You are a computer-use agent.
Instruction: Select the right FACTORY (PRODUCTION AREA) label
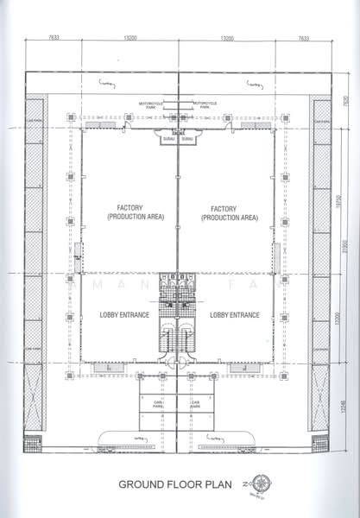pyautogui.click(x=228, y=213)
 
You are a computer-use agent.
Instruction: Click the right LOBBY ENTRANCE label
pyautogui.click(x=234, y=316)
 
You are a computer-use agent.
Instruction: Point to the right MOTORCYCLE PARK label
pyautogui.click(x=205, y=104)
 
